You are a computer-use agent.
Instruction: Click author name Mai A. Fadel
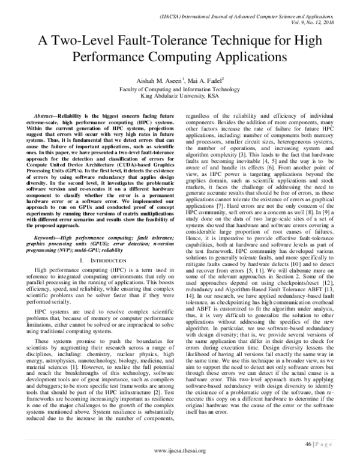[202, 79]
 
